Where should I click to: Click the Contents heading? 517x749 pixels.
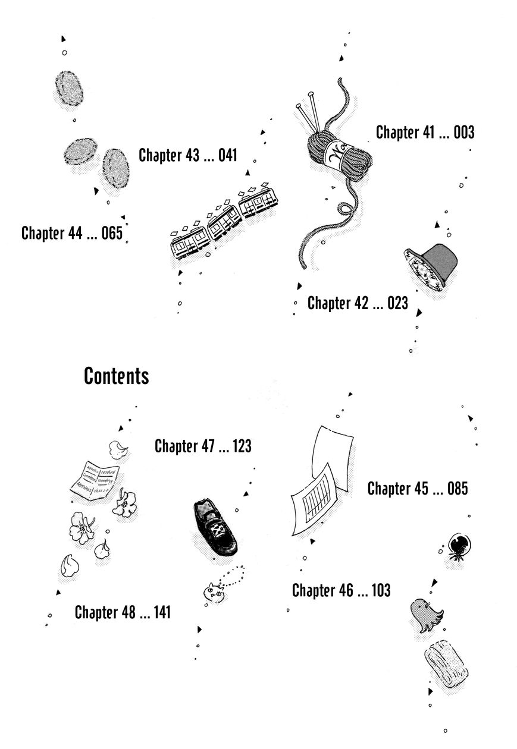tap(116, 376)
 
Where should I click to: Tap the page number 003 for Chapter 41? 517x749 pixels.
tap(463, 133)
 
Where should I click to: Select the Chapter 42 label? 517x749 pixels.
tap(336, 303)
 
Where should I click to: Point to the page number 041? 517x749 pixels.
tap(227, 156)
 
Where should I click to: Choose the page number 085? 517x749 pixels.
tap(457, 489)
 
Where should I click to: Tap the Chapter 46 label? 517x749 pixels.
tap(321, 590)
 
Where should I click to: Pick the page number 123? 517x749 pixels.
tap(242, 446)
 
